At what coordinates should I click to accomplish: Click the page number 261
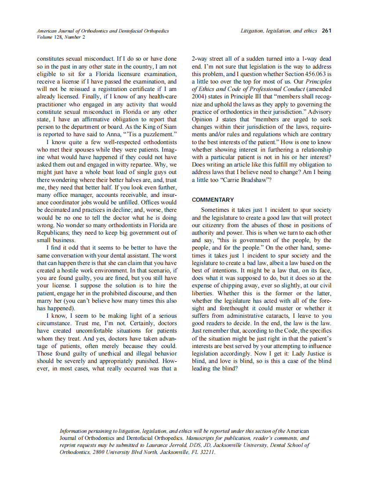click(326, 31)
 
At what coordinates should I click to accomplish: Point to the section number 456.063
click(308, 74)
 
